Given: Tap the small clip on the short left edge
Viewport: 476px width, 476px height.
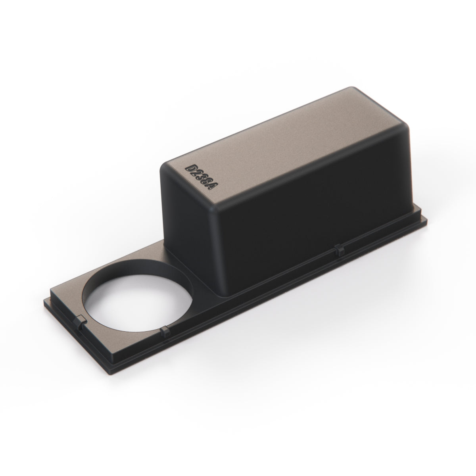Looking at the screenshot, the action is tap(80, 321).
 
